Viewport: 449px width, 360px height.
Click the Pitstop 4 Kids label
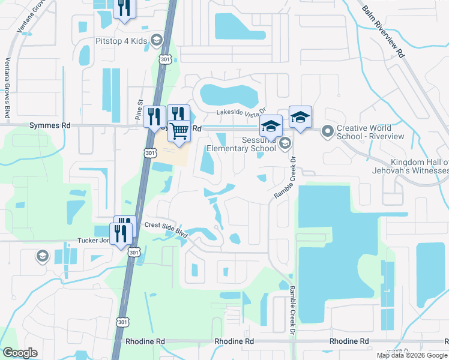coord(122,41)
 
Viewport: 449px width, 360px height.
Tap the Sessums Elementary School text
coord(241,148)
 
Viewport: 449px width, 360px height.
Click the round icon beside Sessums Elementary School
coord(285,143)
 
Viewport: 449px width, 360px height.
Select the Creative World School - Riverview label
coord(371,132)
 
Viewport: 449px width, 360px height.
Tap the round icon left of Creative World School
coord(327,130)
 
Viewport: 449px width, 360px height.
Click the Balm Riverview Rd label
coord(382,32)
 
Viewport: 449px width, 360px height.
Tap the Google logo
coord(20,353)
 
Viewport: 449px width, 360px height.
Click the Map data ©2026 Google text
coord(411,355)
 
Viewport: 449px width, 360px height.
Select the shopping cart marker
coord(179,131)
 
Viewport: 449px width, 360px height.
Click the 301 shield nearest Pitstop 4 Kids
coord(166,59)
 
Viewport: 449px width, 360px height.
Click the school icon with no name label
coord(42,257)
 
